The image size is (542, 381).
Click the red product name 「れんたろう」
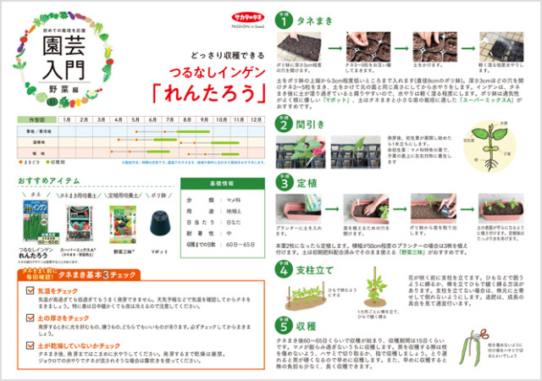[203, 91]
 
